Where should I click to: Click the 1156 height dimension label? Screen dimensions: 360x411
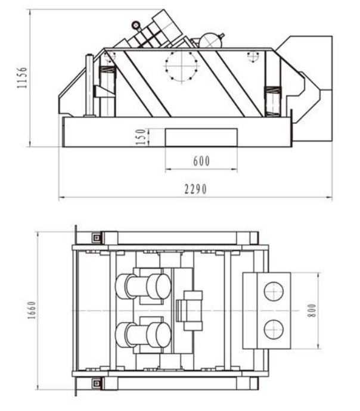(x=22, y=77)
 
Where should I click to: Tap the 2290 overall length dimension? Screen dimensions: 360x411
(x=195, y=189)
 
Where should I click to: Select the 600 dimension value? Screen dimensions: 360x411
(x=201, y=161)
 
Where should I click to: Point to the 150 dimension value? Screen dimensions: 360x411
(x=141, y=136)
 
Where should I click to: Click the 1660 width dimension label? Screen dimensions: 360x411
(x=32, y=310)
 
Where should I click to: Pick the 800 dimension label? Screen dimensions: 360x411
(x=312, y=310)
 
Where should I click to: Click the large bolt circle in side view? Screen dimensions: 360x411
(x=181, y=66)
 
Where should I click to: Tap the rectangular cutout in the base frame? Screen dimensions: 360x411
(x=201, y=138)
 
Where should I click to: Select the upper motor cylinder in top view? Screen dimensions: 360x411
(x=143, y=287)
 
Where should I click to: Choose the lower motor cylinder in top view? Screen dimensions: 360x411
(x=143, y=335)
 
